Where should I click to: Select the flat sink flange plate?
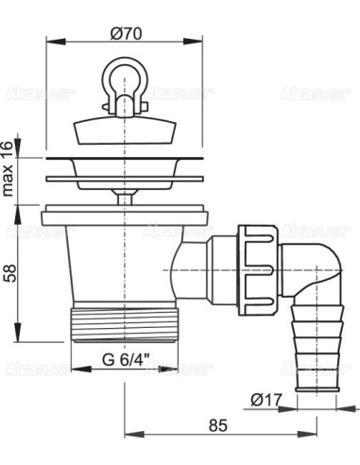[x=125, y=174]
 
